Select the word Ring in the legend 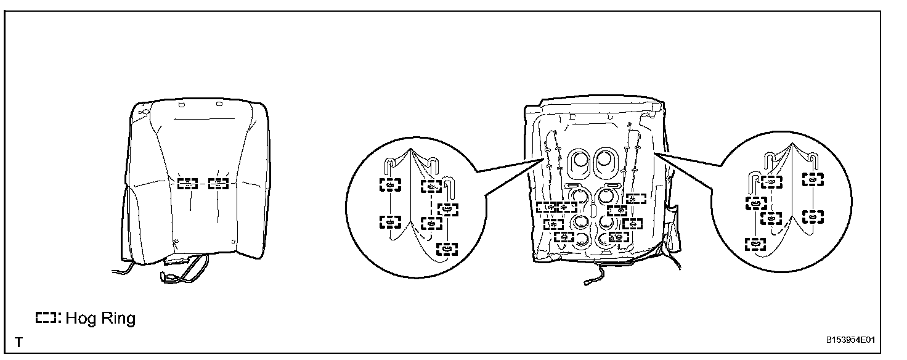[x=116, y=319]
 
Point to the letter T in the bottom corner [x=19, y=342]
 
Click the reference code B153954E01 [x=852, y=340]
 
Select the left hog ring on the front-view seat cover [x=187, y=183]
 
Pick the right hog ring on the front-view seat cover [x=218, y=183]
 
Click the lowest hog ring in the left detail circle [x=447, y=248]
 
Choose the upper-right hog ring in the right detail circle [x=813, y=179]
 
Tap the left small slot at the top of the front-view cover [x=182, y=106]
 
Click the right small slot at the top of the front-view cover [x=220, y=106]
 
